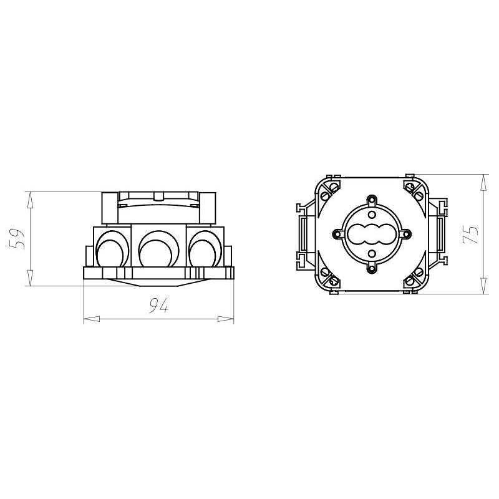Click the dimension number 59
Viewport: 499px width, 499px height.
[18, 239]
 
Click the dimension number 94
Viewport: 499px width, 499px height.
[159, 306]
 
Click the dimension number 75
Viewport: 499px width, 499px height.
[470, 235]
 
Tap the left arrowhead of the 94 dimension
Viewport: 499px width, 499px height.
[92, 319]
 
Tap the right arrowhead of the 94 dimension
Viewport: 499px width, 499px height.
[226, 319]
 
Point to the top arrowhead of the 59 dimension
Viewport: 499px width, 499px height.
[29, 200]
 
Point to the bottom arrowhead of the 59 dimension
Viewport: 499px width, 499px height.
[29, 278]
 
